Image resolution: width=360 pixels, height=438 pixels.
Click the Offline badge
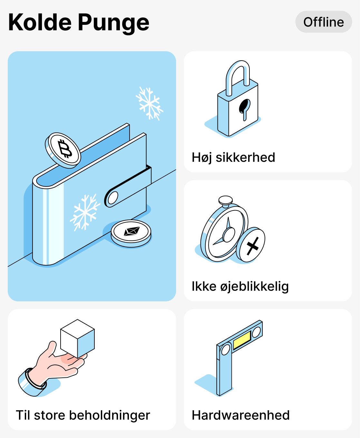pos(324,22)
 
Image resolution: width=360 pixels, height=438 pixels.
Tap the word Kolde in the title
pos(39,23)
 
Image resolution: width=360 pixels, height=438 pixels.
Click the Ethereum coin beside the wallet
pos(131,233)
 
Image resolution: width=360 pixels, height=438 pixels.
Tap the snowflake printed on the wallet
pos(84,212)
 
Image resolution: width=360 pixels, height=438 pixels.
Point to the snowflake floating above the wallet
pos(149,103)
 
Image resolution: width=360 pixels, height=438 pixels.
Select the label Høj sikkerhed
pos(233,157)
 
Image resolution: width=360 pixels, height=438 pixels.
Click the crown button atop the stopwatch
pos(225,201)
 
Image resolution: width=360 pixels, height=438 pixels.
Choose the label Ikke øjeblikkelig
pos(240,286)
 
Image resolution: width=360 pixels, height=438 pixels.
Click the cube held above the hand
pos(78,338)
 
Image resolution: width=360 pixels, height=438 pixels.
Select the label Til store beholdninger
pos(83,415)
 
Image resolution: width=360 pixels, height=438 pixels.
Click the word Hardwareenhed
pos(240,415)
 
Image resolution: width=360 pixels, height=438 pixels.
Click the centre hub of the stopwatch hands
pos(229,234)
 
